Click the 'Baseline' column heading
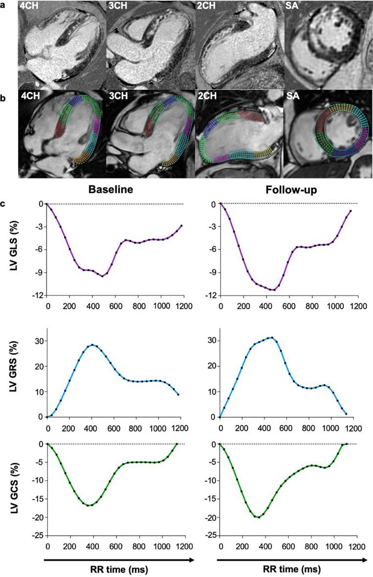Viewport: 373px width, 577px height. click(115, 189)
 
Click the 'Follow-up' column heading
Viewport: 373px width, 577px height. click(288, 189)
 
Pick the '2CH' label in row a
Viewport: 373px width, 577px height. click(205, 7)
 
